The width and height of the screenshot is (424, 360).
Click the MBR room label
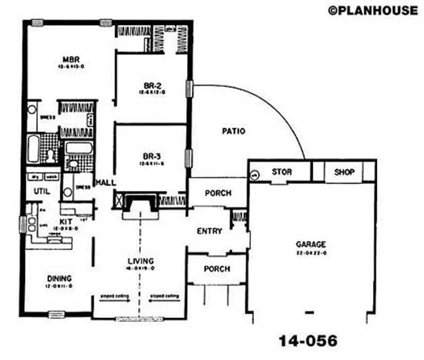(x=70, y=58)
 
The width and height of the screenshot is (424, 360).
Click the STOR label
(x=281, y=172)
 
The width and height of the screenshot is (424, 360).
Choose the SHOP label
(x=344, y=172)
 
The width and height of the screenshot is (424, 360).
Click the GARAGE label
(x=311, y=244)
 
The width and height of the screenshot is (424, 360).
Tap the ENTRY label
(x=209, y=231)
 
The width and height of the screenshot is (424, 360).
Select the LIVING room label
(x=140, y=261)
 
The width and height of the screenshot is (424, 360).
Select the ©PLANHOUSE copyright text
(x=373, y=10)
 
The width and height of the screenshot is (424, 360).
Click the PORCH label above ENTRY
(x=218, y=193)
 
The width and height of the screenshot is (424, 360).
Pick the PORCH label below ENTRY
(x=217, y=269)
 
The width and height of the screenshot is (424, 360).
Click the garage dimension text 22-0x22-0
(x=311, y=253)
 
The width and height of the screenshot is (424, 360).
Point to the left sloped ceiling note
(x=113, y=296)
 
